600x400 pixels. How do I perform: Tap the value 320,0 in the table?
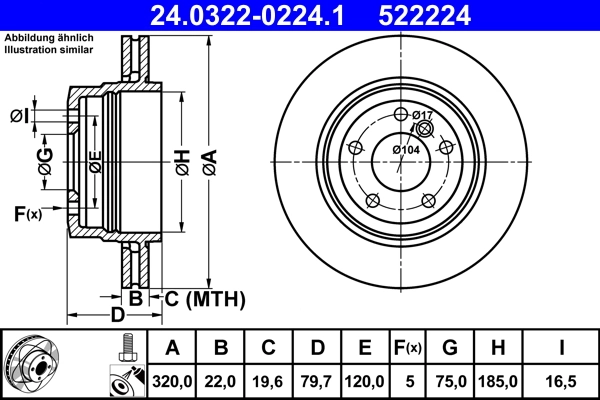(172, 381)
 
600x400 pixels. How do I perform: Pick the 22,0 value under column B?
(221, 381)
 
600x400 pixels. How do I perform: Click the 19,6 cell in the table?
(269, 381)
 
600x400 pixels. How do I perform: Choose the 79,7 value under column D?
(317, 381)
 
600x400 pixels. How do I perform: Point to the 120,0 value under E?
(365, 381)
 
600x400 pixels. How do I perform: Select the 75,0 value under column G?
(450, 381)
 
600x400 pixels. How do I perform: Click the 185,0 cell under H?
(499, 381)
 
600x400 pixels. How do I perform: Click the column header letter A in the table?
(172, 349)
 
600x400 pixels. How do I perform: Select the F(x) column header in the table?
(408, 349)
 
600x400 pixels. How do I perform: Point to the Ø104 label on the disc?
(405, 150)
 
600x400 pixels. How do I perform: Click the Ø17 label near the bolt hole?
(422, 115)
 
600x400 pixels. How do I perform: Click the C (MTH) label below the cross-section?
(206, 297)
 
